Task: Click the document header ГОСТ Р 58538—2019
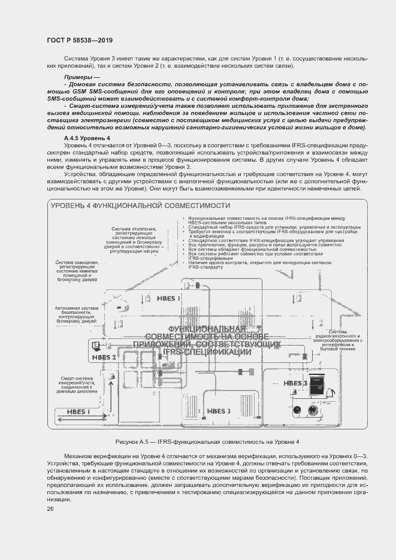point(79,40)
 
